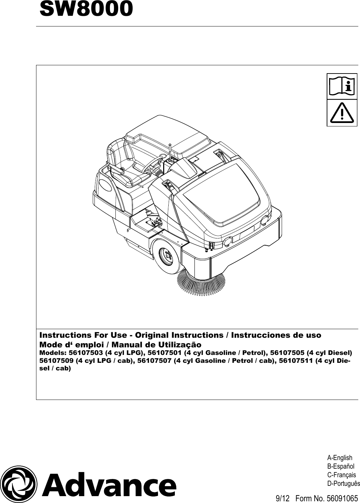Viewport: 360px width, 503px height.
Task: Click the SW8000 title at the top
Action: pos(86,9)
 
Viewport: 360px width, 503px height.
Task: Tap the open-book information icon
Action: pos(342,86)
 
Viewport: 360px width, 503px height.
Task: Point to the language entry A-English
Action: pos(340,458)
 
